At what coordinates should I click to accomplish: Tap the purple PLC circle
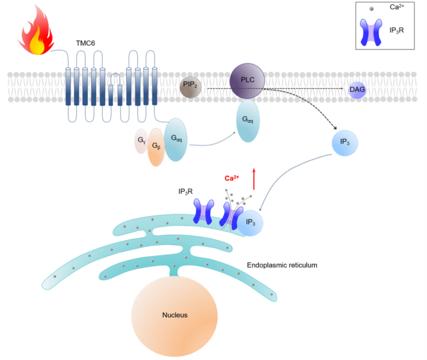coord(247,81)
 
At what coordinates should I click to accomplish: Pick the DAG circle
coord(357,90)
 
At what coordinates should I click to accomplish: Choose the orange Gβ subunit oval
coord(156,148)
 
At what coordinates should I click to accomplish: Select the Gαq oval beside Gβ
coord(176,139)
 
